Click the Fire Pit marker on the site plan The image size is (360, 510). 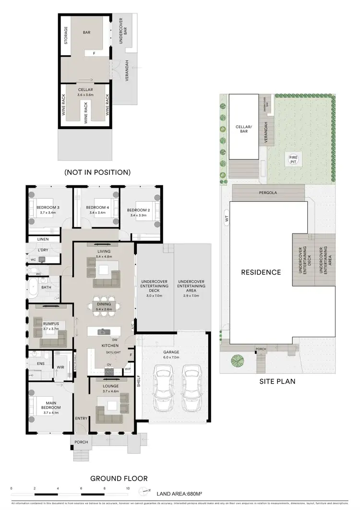[292, 159]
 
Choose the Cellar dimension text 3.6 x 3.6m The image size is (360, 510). [85, 95]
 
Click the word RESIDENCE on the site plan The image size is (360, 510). [261, 272]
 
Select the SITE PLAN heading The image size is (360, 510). [277, 382]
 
